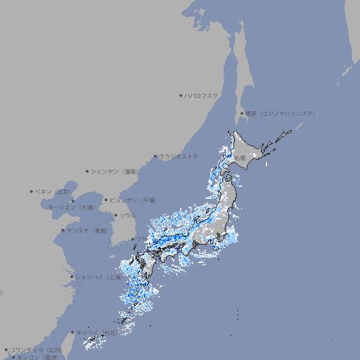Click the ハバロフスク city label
click(x=202, y=95)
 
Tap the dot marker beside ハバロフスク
click(x=181, y=95)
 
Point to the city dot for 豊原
click(x=242, y=113)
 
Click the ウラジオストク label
click(x=179, y=156)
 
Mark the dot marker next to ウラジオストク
click(x=155, y=157)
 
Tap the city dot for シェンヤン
click(x=87, y=171)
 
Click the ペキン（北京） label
click(x=53, y=191)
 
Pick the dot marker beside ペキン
click(x=32, y=191)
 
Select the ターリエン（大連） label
click(x=71, y=207)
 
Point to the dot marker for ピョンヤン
click(x=106, y=200)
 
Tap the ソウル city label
click(x=127, y=215)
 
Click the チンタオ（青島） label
click(x=88, y=231)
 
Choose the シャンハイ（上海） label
click(x=98, y=277)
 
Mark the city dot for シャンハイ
click(x=72, y=277)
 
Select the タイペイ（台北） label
click(x=98, y=333)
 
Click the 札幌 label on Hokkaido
click(x=240, y=158)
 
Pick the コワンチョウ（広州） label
click(x=36, y=349)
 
